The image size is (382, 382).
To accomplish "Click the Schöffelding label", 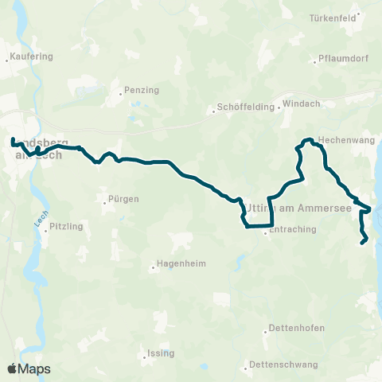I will [243, 109].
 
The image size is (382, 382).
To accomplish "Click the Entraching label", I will [294, 230].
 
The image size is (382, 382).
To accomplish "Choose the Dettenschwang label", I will [283, 364].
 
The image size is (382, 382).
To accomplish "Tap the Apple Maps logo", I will [29, 368].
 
